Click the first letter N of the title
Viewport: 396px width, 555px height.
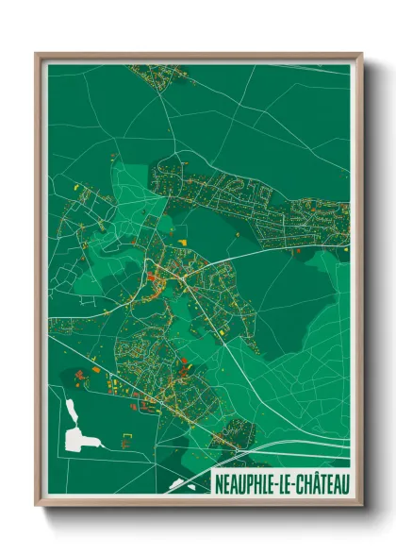(218, 484)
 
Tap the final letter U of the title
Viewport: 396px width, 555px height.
(343, 484)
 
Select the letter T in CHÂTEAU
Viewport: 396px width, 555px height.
(322, 484)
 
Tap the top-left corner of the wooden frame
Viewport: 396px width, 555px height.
(37, 54)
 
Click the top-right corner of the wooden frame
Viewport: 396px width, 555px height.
(361, 54)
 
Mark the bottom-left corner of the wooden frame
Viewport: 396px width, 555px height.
(37, 504)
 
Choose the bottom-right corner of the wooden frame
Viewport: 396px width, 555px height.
(361, 504)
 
